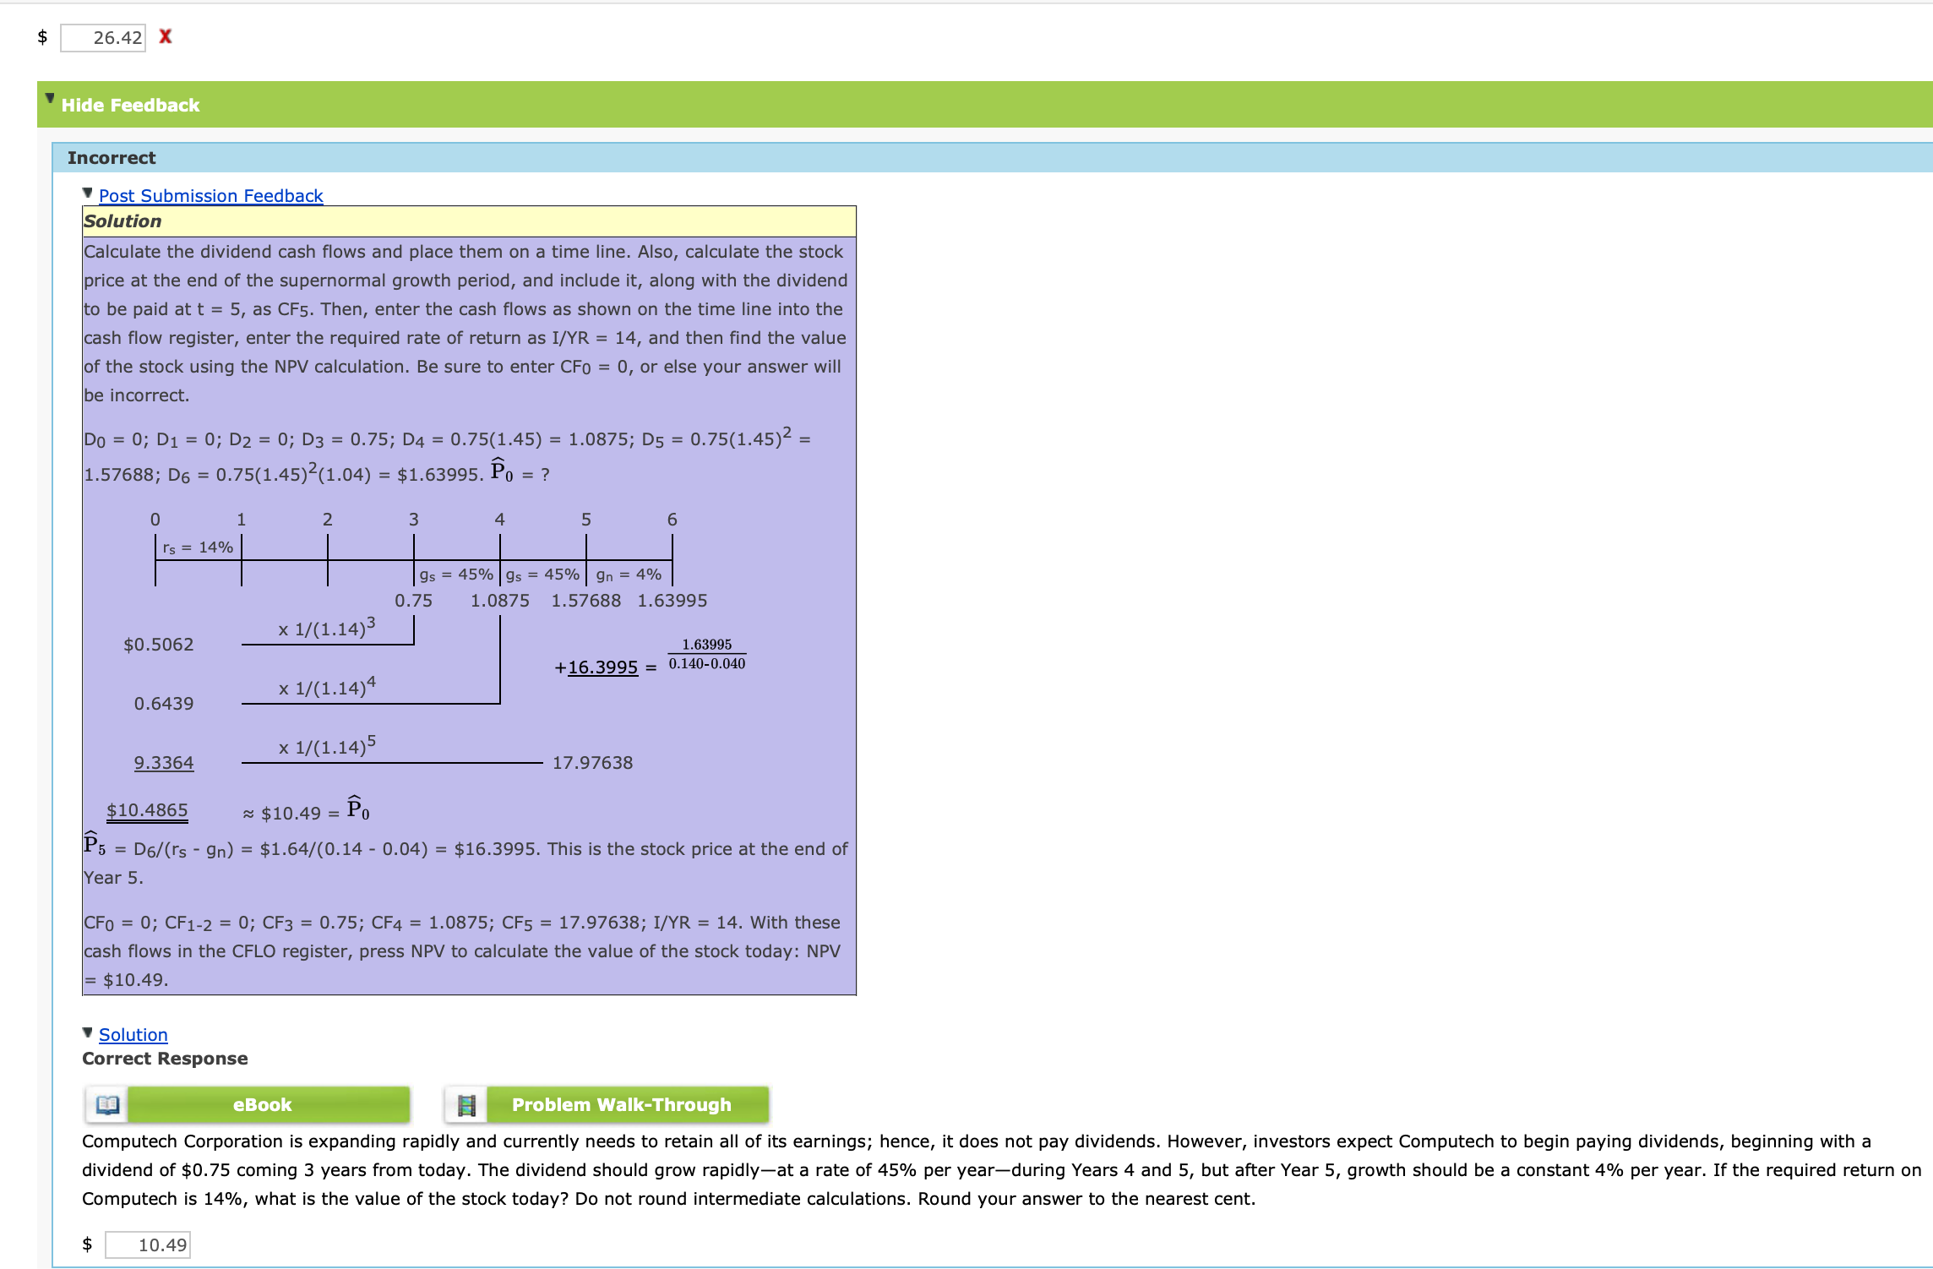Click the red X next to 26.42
point(166,36)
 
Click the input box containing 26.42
point(103,37)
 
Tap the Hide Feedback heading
point(130,105)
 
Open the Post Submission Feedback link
point(210,195)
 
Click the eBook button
point(261,1104)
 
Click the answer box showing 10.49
point(148,1244)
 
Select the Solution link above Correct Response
point(133,1034)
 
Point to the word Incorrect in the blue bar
point(112,158)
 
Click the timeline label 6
point(672,519)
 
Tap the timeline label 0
point(155,519)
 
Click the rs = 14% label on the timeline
point(198,547)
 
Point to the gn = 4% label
point(629,575)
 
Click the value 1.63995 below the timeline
point(672,601)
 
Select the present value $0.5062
point(158,645)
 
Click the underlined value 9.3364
point(163,763)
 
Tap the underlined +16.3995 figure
point(596,667)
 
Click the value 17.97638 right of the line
point(592,763)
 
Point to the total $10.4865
point(147,810)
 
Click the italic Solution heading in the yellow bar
point(123,221)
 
